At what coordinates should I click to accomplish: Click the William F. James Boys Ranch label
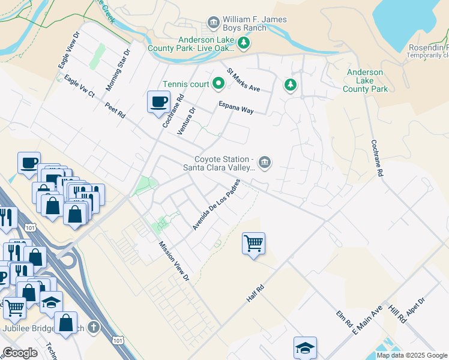tap(255, 24)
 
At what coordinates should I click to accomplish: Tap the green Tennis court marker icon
tap(214, 84)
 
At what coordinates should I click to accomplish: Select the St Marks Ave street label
tap(243, 79)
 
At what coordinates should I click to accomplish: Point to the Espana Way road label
tap(235, 107)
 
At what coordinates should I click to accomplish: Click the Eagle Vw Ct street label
tap(79, 86)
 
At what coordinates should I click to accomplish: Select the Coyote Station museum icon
tap(265, 163)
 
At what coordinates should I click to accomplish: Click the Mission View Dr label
tap(174, 262)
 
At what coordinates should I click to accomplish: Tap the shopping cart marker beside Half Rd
tap(253, 244)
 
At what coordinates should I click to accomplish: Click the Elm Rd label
tap(345, 319)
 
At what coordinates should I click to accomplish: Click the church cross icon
tap(92, 328)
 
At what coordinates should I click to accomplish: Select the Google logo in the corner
tap(20, 353)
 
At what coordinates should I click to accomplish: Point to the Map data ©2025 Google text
tap(412, 355)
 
